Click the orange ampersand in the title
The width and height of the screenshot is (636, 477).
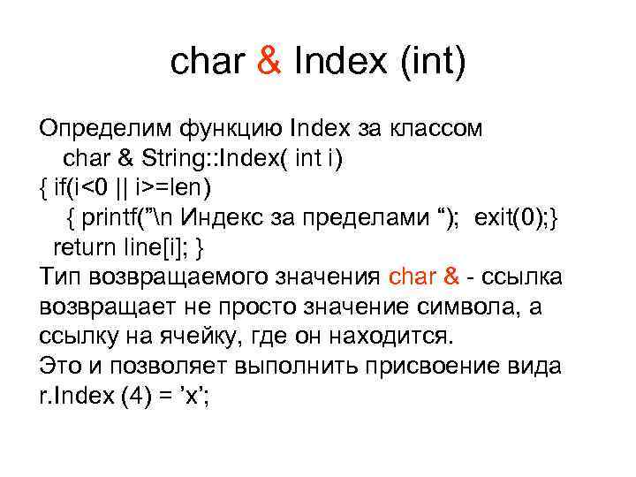click(x=270, y=62)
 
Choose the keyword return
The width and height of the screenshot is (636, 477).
click(x=85, y=246)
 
